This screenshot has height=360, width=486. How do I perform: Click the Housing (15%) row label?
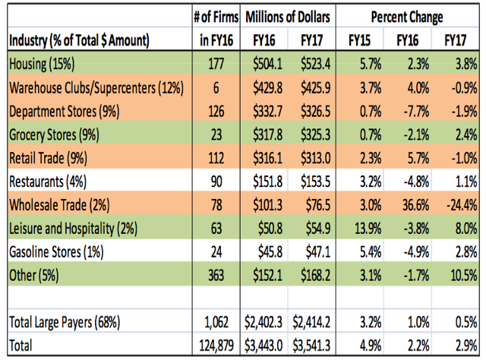pos(42,65)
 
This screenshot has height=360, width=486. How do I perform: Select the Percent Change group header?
pos(407,17)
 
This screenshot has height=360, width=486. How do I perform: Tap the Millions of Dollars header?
pos(288,17)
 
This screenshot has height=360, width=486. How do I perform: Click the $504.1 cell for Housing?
pos(267,65)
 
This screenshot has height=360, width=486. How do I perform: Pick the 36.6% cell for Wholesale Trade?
pos(415,205)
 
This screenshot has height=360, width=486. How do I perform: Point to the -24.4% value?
pos(462,205)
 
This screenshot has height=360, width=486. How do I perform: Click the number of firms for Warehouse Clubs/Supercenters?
pos(216,88)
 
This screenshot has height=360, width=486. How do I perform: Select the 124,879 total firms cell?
pos(216,346)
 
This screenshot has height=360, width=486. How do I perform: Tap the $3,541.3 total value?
pos(311,346)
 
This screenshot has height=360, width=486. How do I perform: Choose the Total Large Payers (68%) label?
pos(65,322)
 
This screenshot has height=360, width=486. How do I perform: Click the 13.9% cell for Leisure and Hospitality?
pos(368,229)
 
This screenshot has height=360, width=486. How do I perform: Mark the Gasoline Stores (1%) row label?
pos(56,252)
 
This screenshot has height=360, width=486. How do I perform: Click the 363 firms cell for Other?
pos(216,276)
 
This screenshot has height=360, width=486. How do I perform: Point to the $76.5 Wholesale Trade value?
pos(318,205)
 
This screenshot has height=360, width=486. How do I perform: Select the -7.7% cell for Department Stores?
pos(416,112)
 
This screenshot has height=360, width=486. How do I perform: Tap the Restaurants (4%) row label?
pos(48,182)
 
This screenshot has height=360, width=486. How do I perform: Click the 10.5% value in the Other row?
pos(464,276)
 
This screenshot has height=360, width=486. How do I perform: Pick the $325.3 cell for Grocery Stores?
pos(315,134)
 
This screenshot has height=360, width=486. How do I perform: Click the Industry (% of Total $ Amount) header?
pos(79,40)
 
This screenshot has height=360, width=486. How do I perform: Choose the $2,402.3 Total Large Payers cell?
pos(264,322)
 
